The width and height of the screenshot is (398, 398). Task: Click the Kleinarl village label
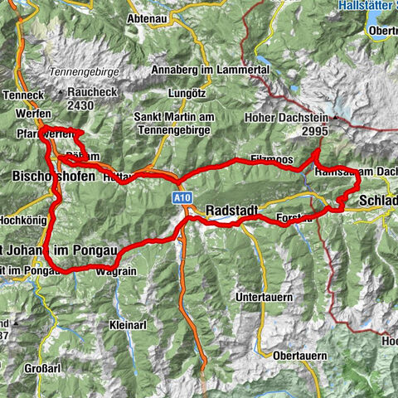point(125,326)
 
